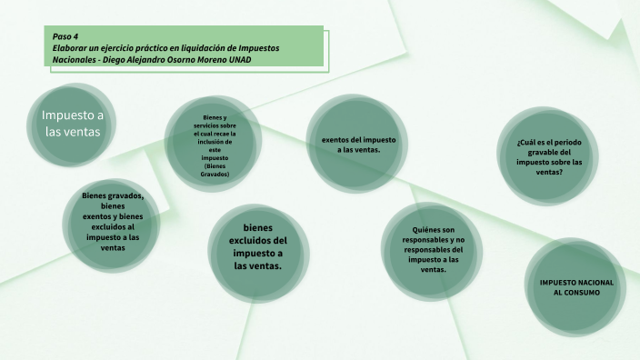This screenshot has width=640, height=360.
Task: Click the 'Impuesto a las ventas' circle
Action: (73, 124)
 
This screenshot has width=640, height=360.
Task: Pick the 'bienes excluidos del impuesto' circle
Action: (259, 246)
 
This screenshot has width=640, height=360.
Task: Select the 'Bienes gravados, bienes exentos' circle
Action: (113, 222)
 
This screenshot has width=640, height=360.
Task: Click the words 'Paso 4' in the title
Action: (65, 35)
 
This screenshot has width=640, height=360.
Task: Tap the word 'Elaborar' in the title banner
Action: (72, 47)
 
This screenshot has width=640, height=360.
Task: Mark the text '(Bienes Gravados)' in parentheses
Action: (215, 169)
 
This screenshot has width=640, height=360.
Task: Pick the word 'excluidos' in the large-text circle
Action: (259, 240)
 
